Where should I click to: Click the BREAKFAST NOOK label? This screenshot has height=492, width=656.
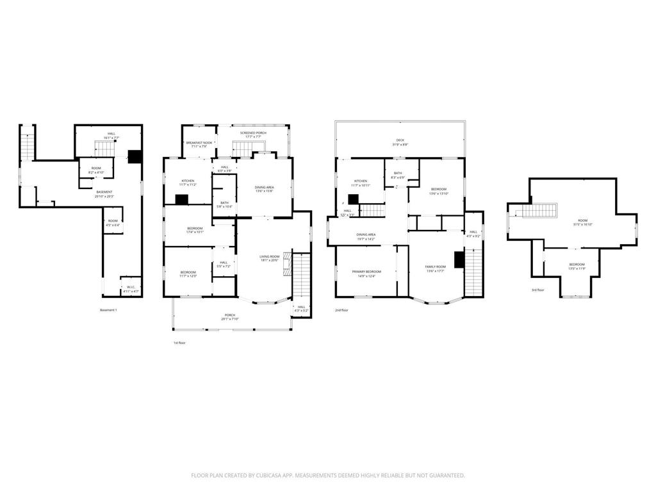point(199,142)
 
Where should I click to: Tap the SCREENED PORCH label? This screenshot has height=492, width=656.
point(253,133)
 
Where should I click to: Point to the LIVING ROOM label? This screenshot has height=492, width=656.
point(270,257)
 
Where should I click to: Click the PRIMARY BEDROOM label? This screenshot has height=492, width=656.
point(366,272)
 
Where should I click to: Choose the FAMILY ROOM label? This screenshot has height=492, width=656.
point(435,266)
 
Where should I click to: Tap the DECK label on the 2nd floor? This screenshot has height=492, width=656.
point(400,140)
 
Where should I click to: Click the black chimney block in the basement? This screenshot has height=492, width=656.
point(135,156)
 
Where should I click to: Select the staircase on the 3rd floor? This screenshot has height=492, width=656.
point(539,211)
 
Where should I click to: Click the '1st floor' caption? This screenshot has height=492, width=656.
point(179,343)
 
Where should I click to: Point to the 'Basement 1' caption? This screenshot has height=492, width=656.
point(108,310)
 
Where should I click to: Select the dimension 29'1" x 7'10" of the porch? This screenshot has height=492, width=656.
point(229,319)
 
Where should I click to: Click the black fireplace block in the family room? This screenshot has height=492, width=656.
point(459,259)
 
